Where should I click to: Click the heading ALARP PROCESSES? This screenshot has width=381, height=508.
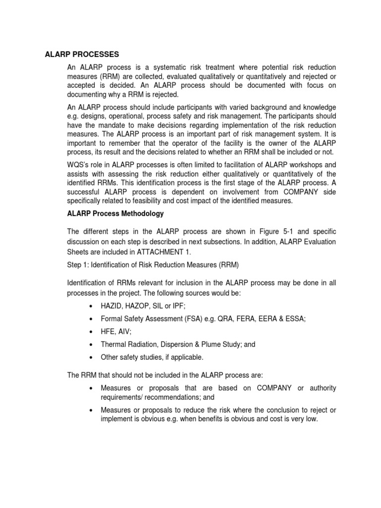(x=82, y=55)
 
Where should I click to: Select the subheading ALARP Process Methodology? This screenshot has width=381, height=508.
(x=115, y=213)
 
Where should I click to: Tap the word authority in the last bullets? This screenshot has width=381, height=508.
(x=321, y=387)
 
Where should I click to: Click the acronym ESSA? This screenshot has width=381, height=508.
(x=295, y=319)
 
